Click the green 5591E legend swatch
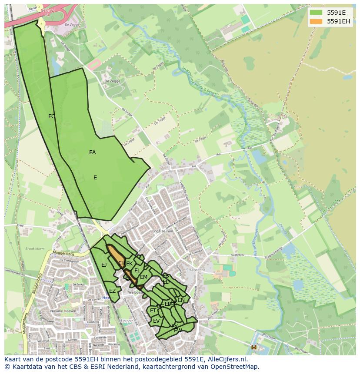[316, 13]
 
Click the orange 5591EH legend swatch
[316, 21]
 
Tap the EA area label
[92, 152]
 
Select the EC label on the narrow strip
[52, 116]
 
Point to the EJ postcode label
[104, 265]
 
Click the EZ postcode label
[112, 291]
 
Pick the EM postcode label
[143, 277]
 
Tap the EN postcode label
[181, 300]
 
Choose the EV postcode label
[156, 321]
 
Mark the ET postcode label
[153, 311]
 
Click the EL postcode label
[137, 271]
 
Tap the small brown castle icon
[254, 347]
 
